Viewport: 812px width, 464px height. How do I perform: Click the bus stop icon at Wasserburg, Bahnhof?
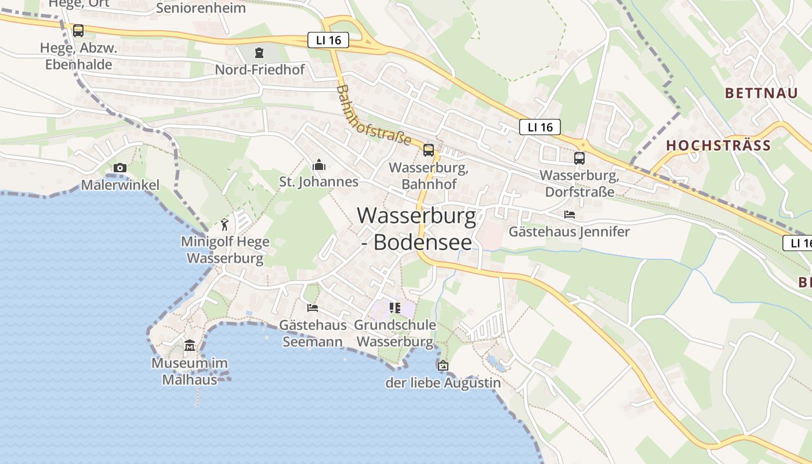[x=429, y=150]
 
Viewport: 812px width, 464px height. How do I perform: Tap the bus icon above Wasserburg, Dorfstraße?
[x=579, y=158]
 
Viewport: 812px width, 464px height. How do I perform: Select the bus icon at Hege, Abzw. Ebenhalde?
[x=78, y=30]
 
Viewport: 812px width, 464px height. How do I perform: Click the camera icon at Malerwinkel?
[x=120, y=168]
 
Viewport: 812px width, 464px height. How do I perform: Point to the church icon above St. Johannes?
[x=318, y=165]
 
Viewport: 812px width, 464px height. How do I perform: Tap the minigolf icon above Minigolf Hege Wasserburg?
[x=225, y=224]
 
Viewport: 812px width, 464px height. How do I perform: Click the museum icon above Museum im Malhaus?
[x=190, y=346]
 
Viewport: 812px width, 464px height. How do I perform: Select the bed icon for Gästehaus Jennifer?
[x=570, y=215]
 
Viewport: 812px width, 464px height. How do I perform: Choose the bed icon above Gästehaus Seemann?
[x=313, y=307]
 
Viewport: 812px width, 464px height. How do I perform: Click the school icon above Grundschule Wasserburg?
[x=395, y=307]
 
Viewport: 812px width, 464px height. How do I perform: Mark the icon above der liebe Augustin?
[x=443, y=365]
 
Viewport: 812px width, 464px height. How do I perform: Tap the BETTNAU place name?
[x=761, y=93]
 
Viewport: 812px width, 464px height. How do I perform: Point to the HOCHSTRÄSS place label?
[x=718, y=146]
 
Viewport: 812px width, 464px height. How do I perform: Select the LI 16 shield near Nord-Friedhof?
[x=328, y=40]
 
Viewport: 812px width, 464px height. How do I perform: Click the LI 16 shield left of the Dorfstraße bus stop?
[x=539, y=127]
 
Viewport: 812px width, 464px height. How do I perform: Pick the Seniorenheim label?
[x=201, y=8]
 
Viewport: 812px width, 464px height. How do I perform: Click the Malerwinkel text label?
[x=120, y=185]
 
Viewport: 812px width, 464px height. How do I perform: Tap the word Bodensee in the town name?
[x=422, y=242]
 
